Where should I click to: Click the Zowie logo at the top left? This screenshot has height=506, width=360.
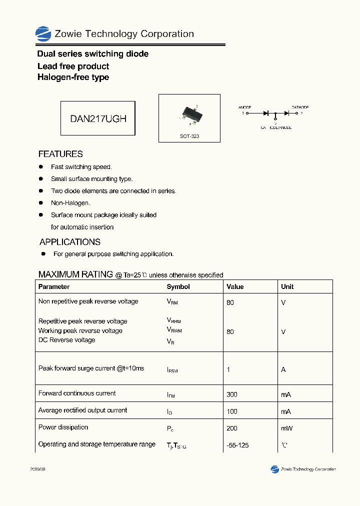[x=43, y=34]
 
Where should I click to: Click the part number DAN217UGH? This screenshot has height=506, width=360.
[x=98, y=118]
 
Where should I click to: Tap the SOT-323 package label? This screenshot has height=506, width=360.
[x=189, y=136]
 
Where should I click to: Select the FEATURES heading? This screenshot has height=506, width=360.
[x=60, y=154]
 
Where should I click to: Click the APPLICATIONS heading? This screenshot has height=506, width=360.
[x=69, y=242]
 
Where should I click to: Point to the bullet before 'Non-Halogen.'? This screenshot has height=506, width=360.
[x=41, y=203]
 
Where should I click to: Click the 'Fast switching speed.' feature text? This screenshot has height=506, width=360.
[x=81, y=167]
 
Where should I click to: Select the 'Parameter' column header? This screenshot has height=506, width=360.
[x=54, y=287]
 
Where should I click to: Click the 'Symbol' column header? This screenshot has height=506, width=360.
[x=178, y=287]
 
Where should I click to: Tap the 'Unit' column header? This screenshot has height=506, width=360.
[x=287, y=287]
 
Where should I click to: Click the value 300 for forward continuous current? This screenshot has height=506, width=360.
[x=232, y=394]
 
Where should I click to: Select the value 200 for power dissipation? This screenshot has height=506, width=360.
[x=232, y=428]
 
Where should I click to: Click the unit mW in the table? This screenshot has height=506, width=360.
[x=287, y=428]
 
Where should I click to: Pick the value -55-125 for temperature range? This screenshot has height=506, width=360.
[x=237, y=445]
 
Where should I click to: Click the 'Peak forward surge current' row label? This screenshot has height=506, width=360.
[x=91, y=368]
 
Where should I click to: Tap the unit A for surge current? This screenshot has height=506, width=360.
[x=283, y=369]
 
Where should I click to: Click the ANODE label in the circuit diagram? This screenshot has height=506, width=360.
[x=244, y=107]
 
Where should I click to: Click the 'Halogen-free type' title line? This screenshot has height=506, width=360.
[x=73, y=77]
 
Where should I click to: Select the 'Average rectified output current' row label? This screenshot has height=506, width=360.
[x=82, y=410]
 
